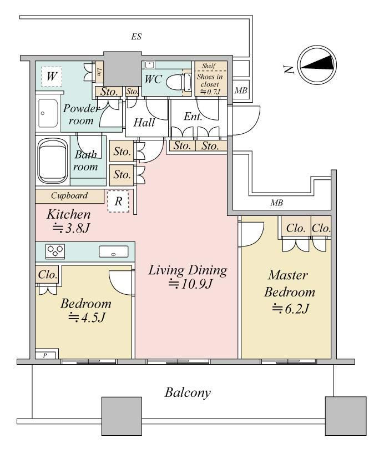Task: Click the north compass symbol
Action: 318,64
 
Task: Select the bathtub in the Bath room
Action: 53,160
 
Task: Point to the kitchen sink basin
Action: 113,251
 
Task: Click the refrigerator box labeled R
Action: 118,202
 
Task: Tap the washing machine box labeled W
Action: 52,77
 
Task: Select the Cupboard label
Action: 69,195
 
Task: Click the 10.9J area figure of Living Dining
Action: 190,284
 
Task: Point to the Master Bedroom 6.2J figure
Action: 291,309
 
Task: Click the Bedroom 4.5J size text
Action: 87,318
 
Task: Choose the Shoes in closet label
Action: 210,80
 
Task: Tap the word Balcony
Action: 188,392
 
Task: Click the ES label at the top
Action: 137,37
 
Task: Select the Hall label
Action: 144,123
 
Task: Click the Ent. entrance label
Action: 193,117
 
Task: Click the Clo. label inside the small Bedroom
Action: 48,274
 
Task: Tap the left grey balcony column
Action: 122,416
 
